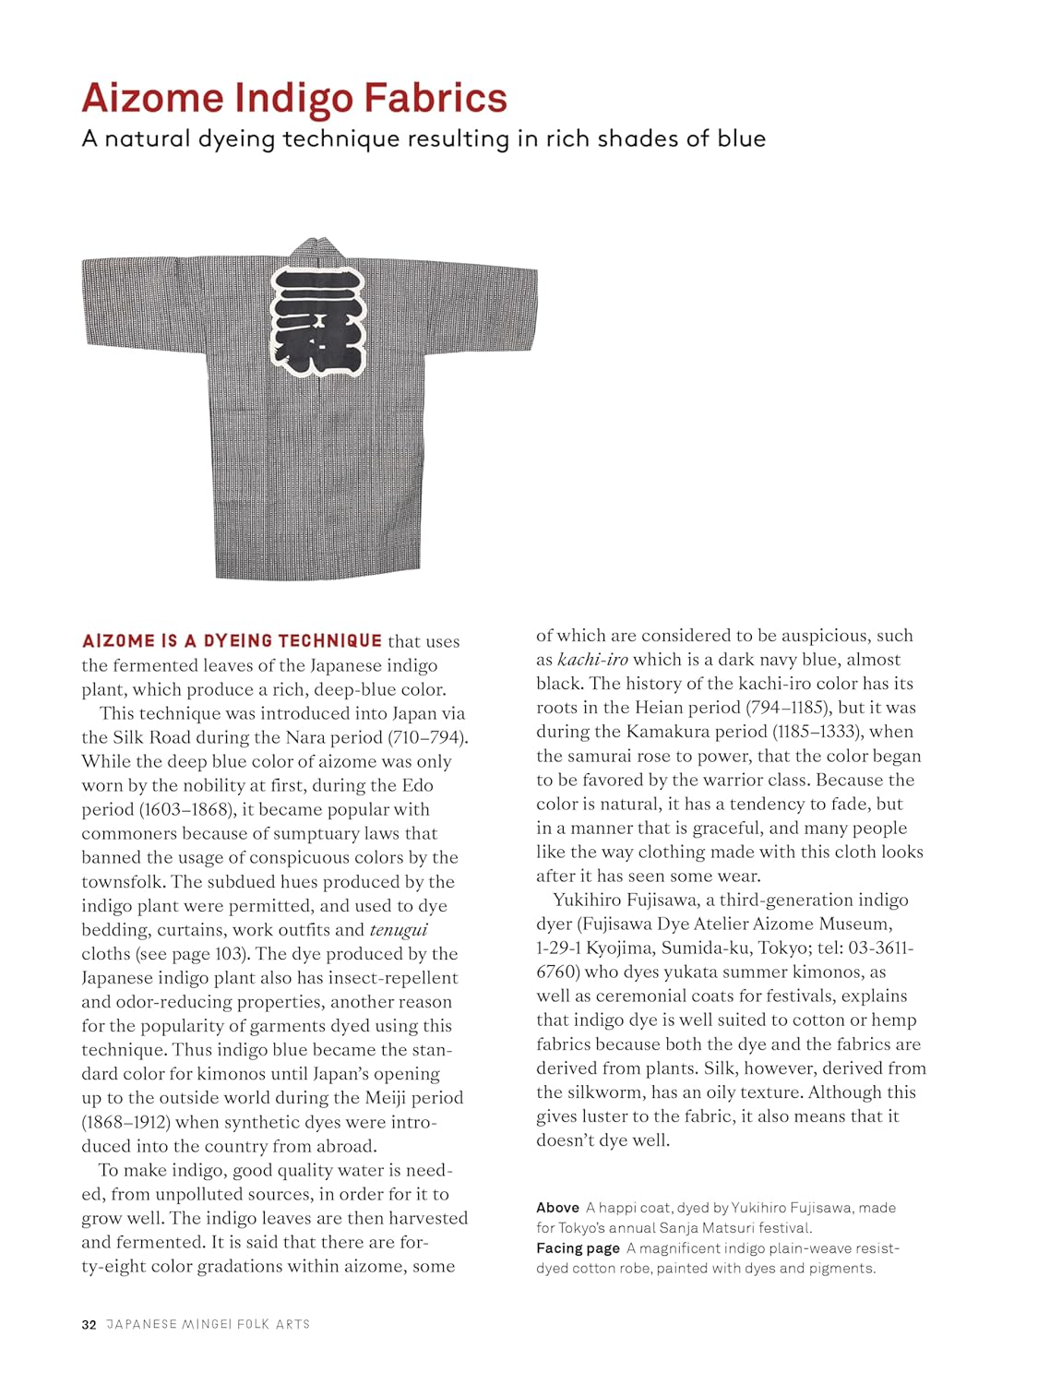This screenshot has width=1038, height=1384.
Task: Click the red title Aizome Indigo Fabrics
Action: click(x=294, y=99)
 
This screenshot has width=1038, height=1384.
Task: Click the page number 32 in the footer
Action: click(x=89, y=1324)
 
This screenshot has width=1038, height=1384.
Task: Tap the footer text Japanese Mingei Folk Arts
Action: click(x=209, y=1324)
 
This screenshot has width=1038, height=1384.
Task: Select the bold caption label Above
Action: click(x=557, y=1208)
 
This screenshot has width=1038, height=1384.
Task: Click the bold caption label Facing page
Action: click(x=578, y=1248)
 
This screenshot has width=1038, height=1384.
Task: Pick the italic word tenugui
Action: click(x=399, y=930)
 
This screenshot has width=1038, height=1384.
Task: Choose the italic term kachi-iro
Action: click(x=592, y=660)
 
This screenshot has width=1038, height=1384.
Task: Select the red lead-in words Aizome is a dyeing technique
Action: click(x=232, y=641)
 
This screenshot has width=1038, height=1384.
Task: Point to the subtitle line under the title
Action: click(x=424, y=139)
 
